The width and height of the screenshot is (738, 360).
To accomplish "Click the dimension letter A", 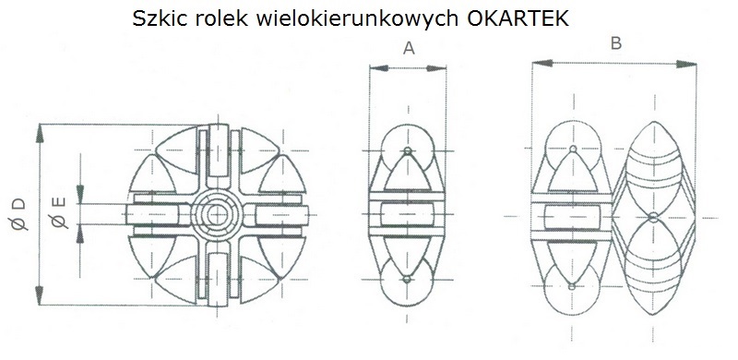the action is (408, 50).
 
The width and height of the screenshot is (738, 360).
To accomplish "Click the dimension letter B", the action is (615, 42).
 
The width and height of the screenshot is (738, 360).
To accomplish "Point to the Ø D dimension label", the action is (18, 216).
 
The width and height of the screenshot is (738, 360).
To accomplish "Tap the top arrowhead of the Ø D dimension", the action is (39, 131).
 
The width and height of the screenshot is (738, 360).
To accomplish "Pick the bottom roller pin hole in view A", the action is (407, 278).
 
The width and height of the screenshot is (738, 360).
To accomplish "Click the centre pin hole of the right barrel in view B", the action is (652, 217).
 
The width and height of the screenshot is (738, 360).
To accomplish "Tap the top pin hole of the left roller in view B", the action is (572, 149).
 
